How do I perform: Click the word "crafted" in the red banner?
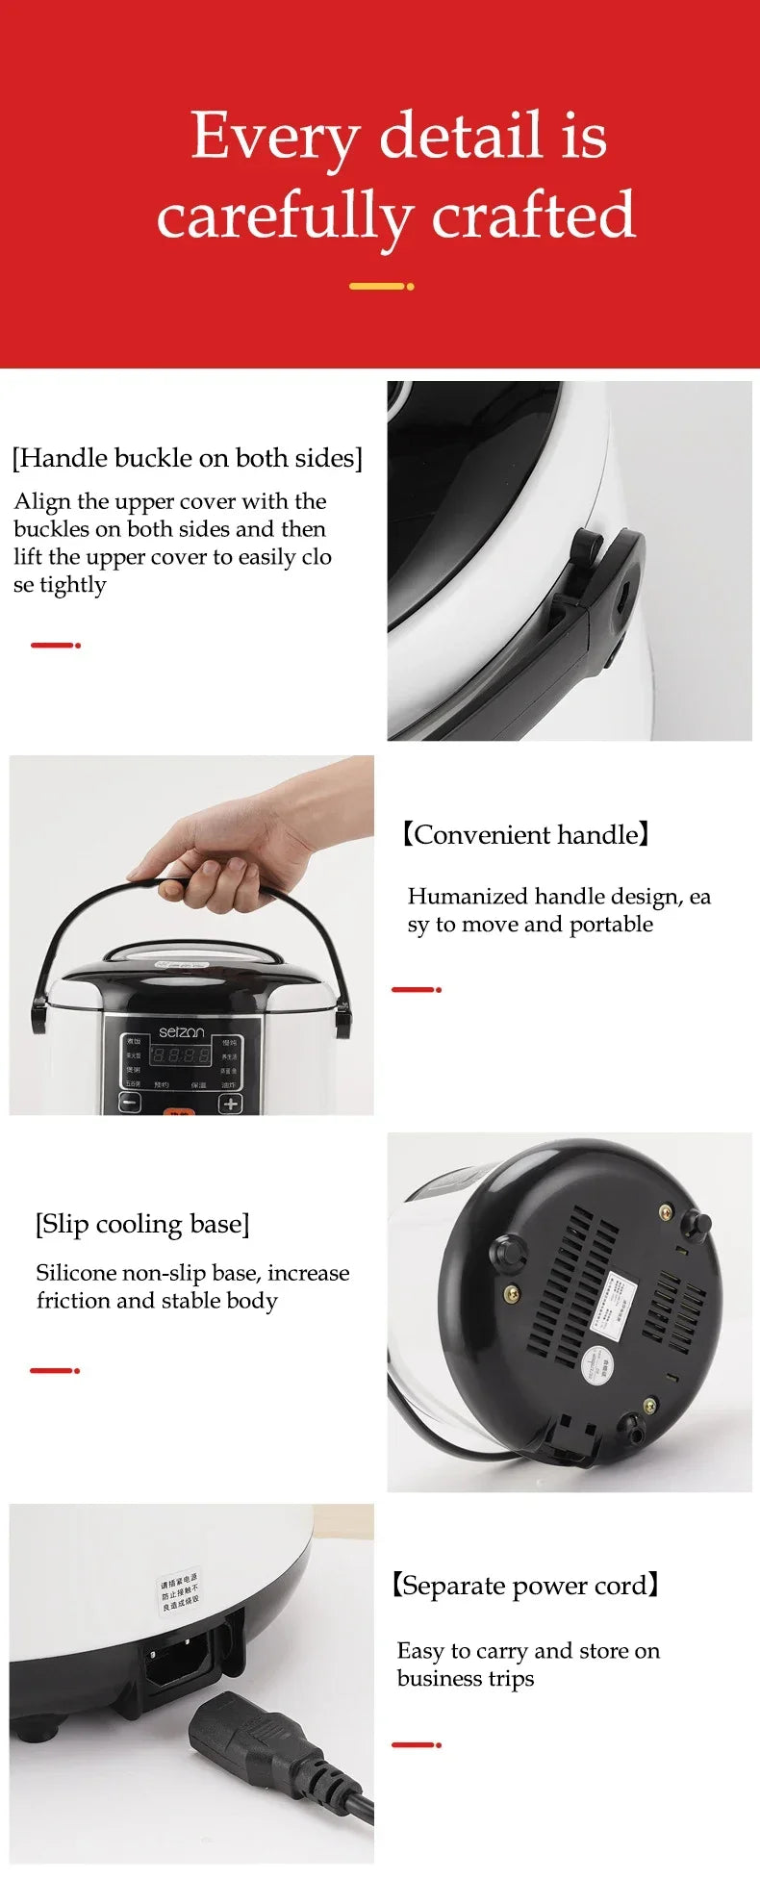pyautogui.click(x=533, y=215)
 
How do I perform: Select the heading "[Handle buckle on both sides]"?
pyautogui.click(x=187, y=458)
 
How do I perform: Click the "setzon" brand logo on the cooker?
pyautogui.click(x=181, y=1031)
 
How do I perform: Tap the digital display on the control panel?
pyautogui.click(x=180, y=1055)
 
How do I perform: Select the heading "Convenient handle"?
pyautogui.click(x=525, y=834)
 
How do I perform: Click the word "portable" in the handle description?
pyautogui.click(x=611, y=925)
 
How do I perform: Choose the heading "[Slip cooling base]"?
pyautogui.click(x=142, y=1224)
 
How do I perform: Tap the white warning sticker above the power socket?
pyautogui.click(x=180, y=1592)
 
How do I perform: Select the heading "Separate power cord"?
pyautogui.click(x=525, y=1585)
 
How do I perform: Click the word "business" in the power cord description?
pyautogui.click(x=442, y=1679)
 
